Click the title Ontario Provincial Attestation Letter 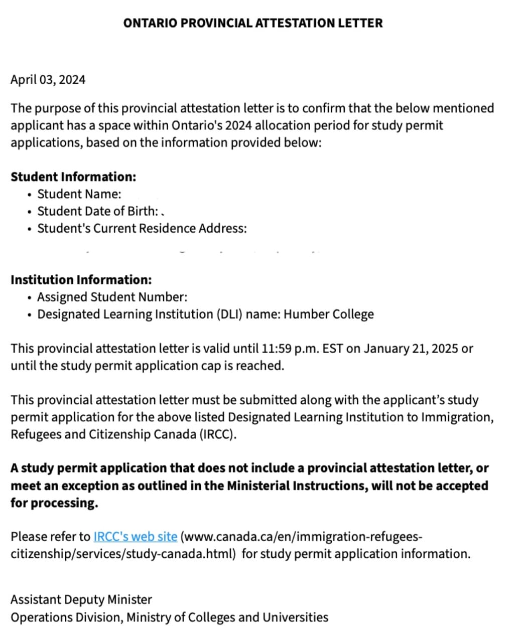point(252,23)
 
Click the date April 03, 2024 point(48,80)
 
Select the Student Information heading point(73,177)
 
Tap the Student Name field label point(79,194)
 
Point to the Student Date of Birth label point(98,211)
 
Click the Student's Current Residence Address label point(142,228)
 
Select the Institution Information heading point(81,280)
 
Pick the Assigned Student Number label point(112,297)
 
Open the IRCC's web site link point(135,537)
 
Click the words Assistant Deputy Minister point(81,600)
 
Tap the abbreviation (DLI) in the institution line point(229,314)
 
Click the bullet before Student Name point(31,195)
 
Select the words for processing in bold point(54,503)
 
